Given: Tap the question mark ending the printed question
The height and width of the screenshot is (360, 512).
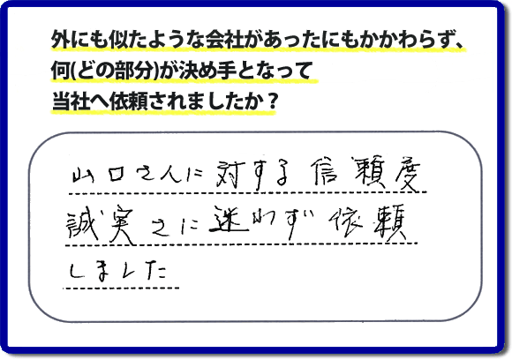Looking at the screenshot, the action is [270, 101].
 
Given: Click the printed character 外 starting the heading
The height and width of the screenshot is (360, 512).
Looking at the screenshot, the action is [60, 41].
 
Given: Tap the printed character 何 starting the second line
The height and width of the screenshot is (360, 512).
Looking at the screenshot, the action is [60, 71].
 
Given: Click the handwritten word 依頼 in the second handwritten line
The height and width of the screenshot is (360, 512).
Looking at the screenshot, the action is [368, 222].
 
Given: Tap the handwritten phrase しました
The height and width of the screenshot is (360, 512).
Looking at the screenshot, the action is [118, 272].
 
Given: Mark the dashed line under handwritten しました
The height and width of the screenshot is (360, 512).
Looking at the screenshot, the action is [122, 289].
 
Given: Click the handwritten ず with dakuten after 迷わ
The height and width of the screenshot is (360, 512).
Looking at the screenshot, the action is [297, 221].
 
